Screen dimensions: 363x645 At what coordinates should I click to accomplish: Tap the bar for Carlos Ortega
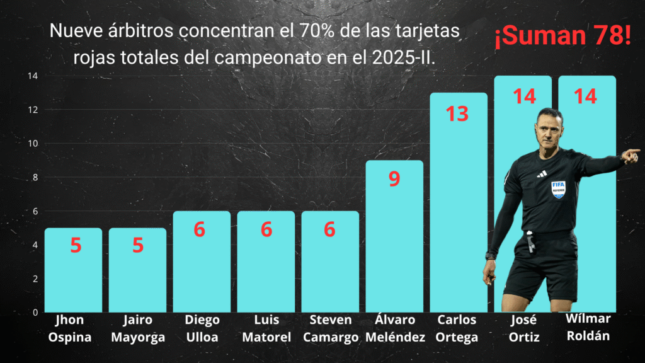pos(458,208)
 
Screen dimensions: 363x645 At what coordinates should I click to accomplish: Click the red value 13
pos(458,113)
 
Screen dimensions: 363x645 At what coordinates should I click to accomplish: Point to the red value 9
pos(394,179)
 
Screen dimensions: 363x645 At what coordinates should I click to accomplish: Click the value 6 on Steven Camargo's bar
pos(329,230)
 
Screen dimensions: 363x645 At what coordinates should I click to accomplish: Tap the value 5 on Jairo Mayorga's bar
pos(138,245)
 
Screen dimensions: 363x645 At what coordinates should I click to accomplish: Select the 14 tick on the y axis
pos(32,76)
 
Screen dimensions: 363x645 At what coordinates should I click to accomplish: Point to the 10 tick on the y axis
pos(32,144)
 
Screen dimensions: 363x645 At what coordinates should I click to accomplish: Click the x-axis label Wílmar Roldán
pos(588,326)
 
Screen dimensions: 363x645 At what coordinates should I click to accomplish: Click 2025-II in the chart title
pos(404,57)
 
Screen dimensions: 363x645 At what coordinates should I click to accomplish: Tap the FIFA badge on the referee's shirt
pos(558,189)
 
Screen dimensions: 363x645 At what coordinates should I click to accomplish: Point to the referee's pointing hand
pos(631,155)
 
